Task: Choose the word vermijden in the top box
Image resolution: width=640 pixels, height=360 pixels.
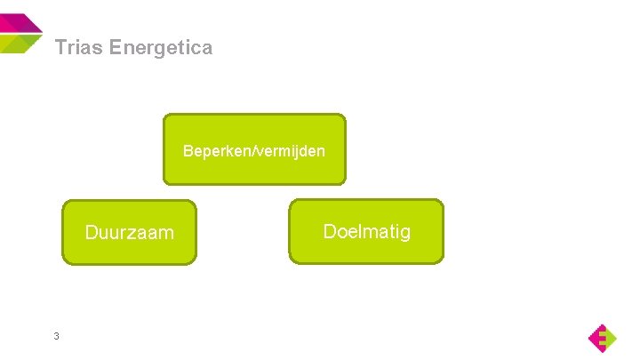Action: (292, 151)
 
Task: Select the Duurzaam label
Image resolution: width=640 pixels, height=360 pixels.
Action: (129, 233)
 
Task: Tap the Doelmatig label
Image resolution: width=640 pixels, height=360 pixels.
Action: (366, 232)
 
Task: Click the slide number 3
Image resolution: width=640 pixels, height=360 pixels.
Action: (56, 336)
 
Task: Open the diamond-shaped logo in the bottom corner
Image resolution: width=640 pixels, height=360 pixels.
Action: (602, 338)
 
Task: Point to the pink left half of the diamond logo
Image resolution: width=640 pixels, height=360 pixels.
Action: (596, 338)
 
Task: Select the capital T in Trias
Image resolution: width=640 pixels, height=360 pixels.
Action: (60, 48)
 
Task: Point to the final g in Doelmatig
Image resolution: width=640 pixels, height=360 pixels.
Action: (405, 234)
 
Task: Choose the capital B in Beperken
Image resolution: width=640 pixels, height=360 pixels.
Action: (188, 151)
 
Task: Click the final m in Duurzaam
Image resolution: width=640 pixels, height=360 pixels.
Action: (167, 234)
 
